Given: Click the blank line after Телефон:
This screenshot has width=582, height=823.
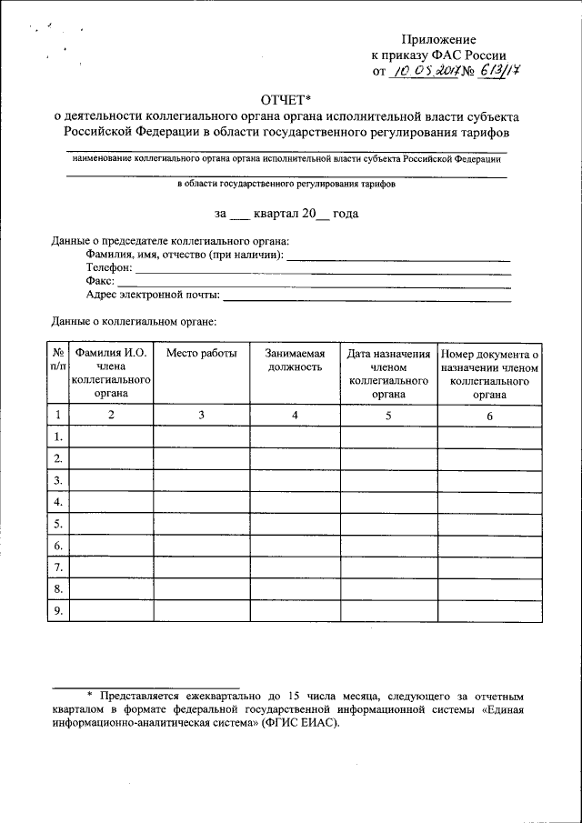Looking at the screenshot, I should click(323, 271).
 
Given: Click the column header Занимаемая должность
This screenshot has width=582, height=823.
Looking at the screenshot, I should click(294, 360).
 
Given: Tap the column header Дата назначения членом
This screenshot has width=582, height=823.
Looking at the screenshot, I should click(388, 360).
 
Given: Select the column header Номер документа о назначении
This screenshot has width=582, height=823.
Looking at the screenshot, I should click(489, 360).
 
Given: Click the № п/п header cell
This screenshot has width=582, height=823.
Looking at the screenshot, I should click(57, 360).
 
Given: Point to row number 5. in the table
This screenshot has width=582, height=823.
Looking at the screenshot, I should click(57, 524).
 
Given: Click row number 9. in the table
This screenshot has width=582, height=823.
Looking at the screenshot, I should click(57, 611).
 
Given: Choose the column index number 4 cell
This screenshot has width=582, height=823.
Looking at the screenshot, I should click(294, 415).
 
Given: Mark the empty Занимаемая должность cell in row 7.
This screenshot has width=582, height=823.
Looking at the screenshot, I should click(294, 567).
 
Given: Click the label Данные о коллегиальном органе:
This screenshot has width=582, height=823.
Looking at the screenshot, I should click(134, 321).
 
